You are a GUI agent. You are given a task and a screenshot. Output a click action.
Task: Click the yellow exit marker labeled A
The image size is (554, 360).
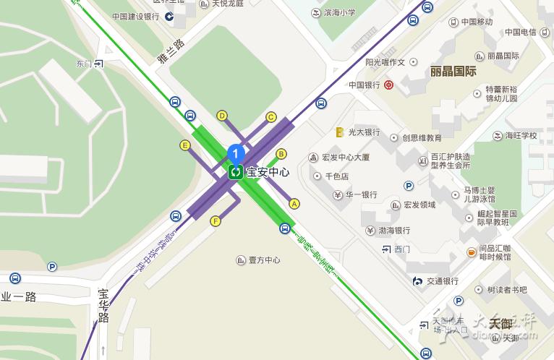294,204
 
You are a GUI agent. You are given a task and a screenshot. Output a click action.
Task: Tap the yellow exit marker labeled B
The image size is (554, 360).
281,153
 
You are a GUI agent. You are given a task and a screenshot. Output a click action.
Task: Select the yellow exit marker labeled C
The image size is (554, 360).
271,117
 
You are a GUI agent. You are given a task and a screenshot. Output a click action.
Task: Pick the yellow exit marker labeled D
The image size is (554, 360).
222,116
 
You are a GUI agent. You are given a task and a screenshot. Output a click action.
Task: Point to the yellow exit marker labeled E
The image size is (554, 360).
185,145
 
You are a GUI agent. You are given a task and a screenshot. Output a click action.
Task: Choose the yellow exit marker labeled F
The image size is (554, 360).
215,221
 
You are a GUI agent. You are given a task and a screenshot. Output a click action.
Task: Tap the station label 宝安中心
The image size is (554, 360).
268,173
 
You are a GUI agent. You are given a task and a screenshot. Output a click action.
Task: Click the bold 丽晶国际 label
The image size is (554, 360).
453,72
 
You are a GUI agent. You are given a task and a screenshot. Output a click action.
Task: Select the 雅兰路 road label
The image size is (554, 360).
171,53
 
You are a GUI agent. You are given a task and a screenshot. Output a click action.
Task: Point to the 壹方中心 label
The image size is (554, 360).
264,260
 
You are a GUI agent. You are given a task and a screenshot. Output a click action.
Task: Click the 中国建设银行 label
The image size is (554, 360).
136,16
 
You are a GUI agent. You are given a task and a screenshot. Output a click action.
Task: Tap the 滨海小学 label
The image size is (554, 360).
338,13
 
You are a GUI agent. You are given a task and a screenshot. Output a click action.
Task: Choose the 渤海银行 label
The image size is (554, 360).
394,231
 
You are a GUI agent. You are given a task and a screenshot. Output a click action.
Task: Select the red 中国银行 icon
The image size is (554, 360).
389,85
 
